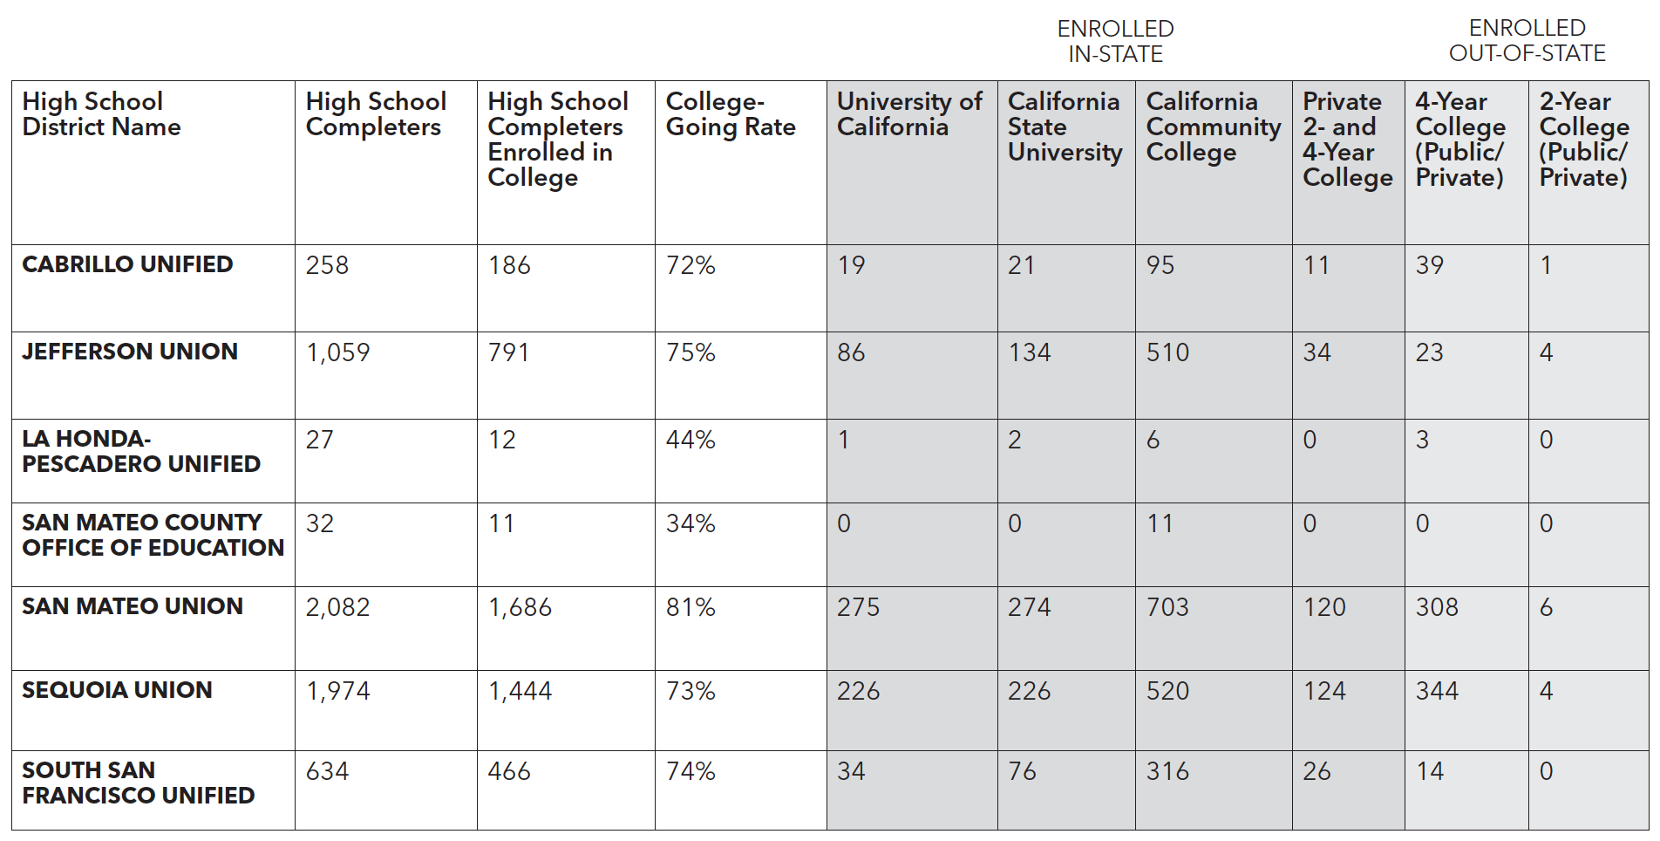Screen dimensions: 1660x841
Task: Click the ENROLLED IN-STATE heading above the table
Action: pyautogui.click(x=1115, y=41)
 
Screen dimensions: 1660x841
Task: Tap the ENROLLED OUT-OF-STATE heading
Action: pyautogui.click(x=1527, y=41)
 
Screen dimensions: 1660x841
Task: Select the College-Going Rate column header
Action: pyautogui.click(x=731, y=114)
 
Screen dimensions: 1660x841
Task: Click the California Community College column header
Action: pyautogui.click(x=1214, y=126)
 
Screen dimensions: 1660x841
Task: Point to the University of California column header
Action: pyautogui.click(x=909, y=114)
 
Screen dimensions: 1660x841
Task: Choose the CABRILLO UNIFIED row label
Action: pyautogui.click(x=127, y=264)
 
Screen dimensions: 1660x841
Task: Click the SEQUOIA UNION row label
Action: pyautogui.click(x=117, y=690)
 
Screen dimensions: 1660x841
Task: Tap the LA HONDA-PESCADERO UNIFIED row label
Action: pyautogui.click(x=141, y=451)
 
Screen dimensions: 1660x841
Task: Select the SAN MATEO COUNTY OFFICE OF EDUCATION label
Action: pyautogui.click(x=153, y=535)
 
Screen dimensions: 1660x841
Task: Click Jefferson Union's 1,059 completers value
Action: pyautogui.click(x=338, y=352)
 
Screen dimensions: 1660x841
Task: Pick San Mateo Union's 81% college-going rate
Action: pyautogui.click(x=691, y=607)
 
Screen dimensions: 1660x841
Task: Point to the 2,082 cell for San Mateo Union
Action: pyautogui.click(x=338, y=607)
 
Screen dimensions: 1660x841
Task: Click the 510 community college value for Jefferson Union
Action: pyautogui.click(x=1167, y=352)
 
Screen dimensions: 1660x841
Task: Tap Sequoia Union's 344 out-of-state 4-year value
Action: pyautogui.click(x=1437, y=691)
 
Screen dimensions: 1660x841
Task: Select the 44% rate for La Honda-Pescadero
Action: pyautogui.click(x=691, y=440)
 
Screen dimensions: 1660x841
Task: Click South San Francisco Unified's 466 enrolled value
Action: pyautogui.click(x=509, y=771)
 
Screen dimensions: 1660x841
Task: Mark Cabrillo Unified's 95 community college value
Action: pyautogui.click(x=1160, y=265)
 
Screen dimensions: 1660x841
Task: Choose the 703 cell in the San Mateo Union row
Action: pyautogui.click(x=1167, y=607)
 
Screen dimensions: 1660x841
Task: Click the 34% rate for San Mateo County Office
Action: pyautogui.click(x=691, y=523)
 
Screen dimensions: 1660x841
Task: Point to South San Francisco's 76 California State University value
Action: pyautogui.click(x=1022, y=771)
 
